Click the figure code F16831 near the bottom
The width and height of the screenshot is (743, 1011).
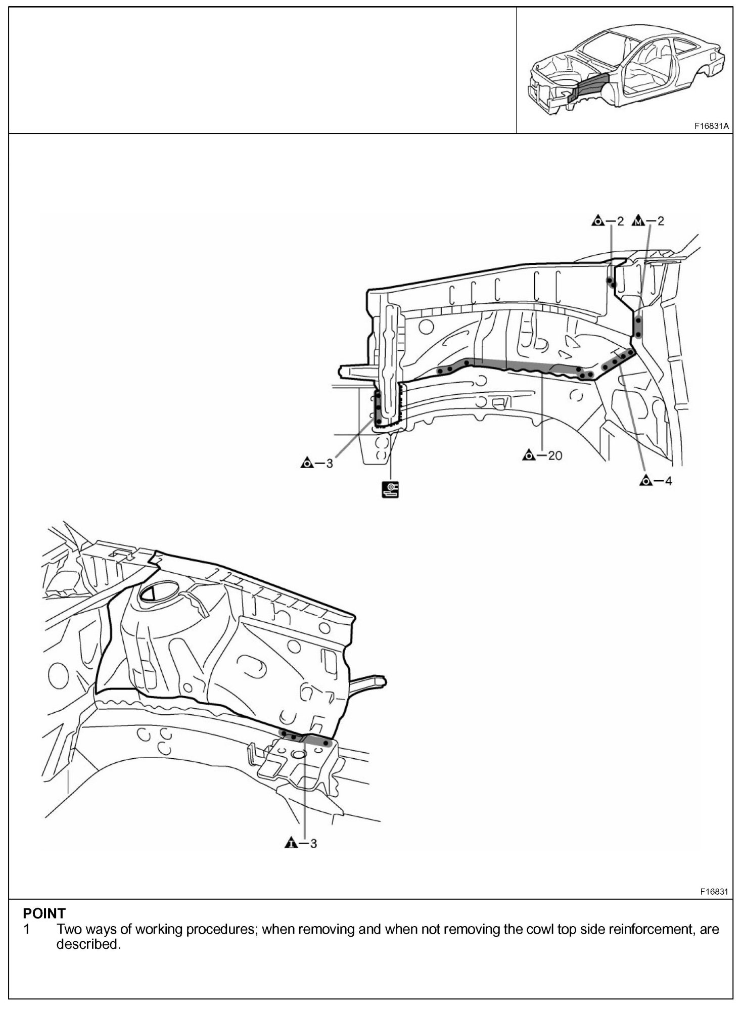(714, 892)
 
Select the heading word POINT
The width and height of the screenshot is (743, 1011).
(44, 913)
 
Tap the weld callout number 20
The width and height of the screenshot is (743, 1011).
(554, 455)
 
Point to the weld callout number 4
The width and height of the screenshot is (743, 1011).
(668, 481)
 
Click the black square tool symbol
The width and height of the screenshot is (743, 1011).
(390, 490)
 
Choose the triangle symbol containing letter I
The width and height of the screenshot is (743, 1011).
(291, 843)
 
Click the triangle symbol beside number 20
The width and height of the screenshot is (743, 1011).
(529, 455)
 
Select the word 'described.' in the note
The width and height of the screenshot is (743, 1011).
(88, 944)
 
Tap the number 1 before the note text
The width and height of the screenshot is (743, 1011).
(27, 929)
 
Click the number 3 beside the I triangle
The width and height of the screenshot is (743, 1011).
(313, 843)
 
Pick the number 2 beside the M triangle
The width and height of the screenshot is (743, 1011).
(660, 221)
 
